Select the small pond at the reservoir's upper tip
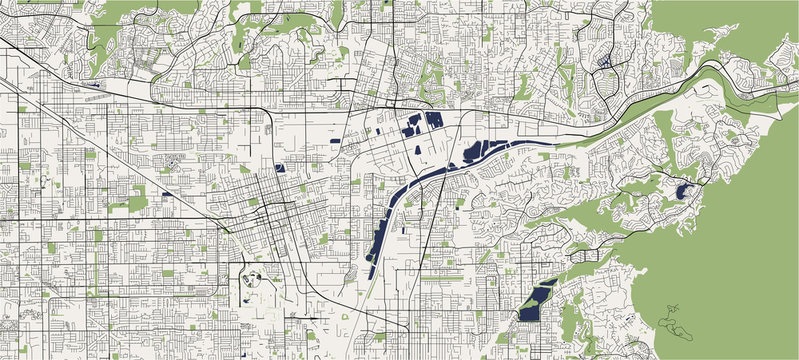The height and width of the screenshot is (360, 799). pos(547,284)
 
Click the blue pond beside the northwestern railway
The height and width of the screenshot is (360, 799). pos(96,85)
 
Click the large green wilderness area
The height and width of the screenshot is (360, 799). pos(740,250)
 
